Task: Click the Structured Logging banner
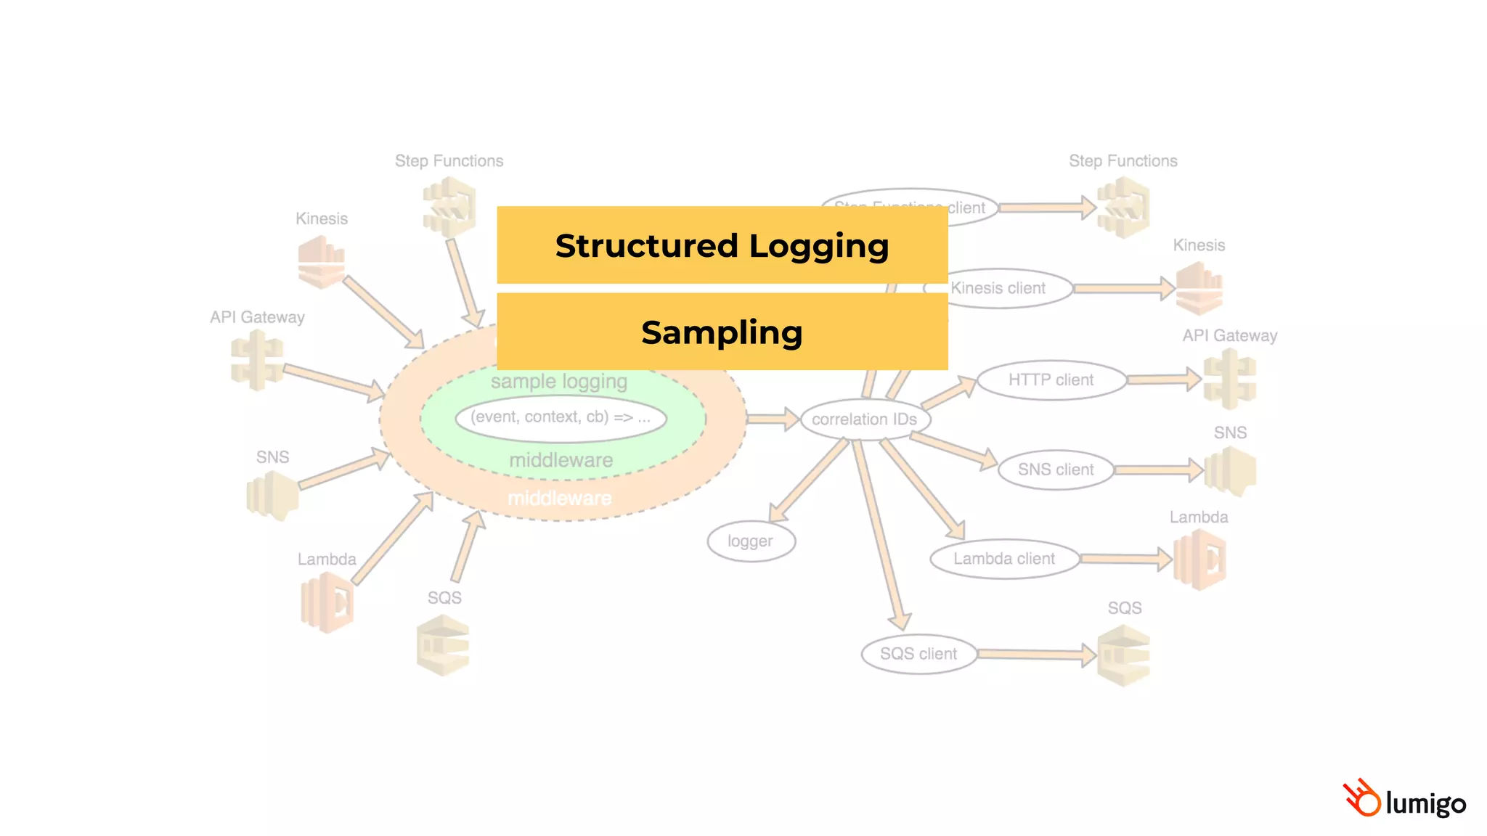click(722, 245)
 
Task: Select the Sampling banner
click(722, 332)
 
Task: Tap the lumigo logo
click(1404, 800)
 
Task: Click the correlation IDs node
click(864, 419)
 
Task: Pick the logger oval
click(751, 541)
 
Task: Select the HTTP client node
click(1051, 380)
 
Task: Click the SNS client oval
click(1055, 470)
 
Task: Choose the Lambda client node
click(1003, 559)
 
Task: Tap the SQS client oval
click(918, 654)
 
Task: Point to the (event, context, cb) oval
click(561, 417)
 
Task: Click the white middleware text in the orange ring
click(559, 499)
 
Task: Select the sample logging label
click(559, 382)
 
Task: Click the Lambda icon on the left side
click(327, 602)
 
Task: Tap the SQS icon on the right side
click(1123, 656)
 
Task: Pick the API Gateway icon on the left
click(256, 361)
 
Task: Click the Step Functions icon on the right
click(1123, 208)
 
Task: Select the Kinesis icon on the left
click(321, 263)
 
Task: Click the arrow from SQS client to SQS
click(1035, 655)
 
